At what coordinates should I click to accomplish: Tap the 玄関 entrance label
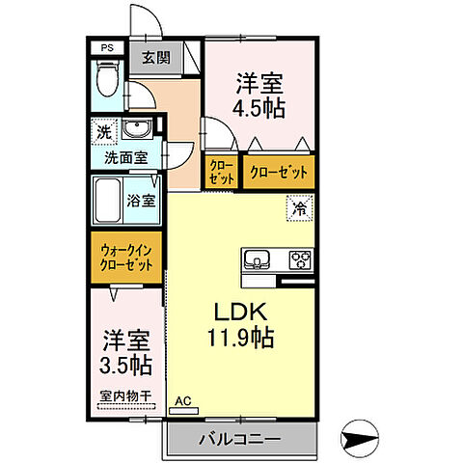tap(156, 58)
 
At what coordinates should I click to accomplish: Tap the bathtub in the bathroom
tap(109, 201)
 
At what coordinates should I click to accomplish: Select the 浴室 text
tap(142, 201)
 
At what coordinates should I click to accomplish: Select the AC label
tap(181, 399)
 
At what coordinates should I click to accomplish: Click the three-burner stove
tap(300, 259)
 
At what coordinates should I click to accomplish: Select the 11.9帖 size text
tap(238, 340)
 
